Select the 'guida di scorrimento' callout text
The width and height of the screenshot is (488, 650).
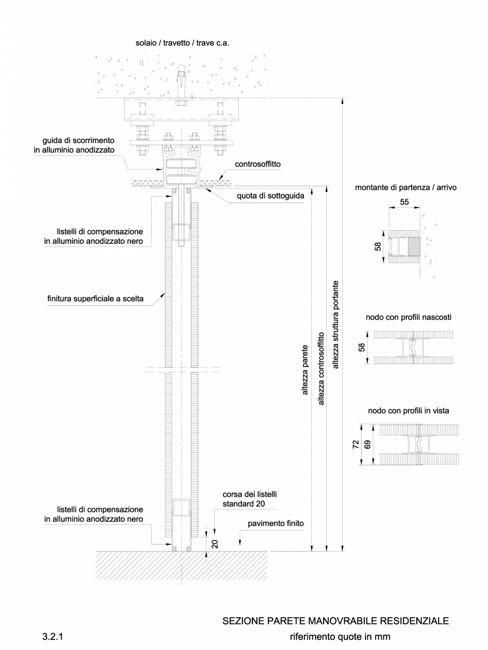78,145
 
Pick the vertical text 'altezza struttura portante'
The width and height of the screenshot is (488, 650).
335,324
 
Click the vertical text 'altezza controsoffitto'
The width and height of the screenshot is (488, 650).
320,368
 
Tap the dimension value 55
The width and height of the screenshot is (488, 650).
404,202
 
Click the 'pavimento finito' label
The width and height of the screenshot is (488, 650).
275,523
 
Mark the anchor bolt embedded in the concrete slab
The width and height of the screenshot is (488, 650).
181,80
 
